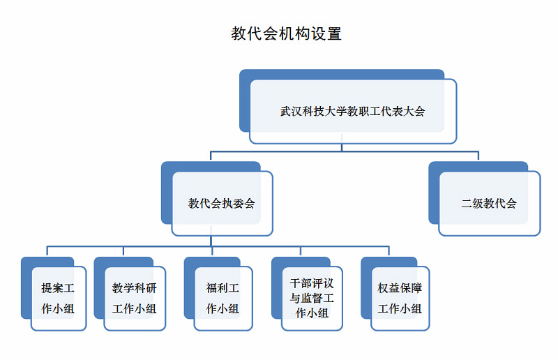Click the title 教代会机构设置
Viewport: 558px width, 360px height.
[287, 33]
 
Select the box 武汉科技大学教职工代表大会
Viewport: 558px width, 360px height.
[348, 107]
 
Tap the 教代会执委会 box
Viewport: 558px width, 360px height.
[217, 199]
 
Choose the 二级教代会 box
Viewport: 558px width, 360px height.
[485, 199]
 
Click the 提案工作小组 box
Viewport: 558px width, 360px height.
[54, 294]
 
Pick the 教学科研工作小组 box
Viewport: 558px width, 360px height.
[130, 294]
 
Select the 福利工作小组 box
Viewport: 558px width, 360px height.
[218, 294]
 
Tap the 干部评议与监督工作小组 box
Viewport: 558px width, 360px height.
[307, 294]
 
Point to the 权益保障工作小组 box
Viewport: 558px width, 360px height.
[395, 294]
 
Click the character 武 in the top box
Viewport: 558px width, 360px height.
[286, 112]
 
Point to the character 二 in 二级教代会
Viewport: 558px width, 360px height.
[467, 203]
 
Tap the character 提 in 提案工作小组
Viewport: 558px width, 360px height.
[47, 287]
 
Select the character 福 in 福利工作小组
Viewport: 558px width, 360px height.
[211, 287]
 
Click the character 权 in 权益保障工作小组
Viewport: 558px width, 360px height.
[383, 287]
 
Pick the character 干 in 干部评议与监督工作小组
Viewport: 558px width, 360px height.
[295, 283]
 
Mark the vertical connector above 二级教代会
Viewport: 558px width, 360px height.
[478, 156]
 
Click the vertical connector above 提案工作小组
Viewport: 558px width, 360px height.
[47, 250]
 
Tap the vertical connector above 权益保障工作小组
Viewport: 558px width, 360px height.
[389, 250]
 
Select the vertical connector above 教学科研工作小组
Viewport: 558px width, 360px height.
[123, 250]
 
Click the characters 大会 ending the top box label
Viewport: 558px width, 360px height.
[414, 112]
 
